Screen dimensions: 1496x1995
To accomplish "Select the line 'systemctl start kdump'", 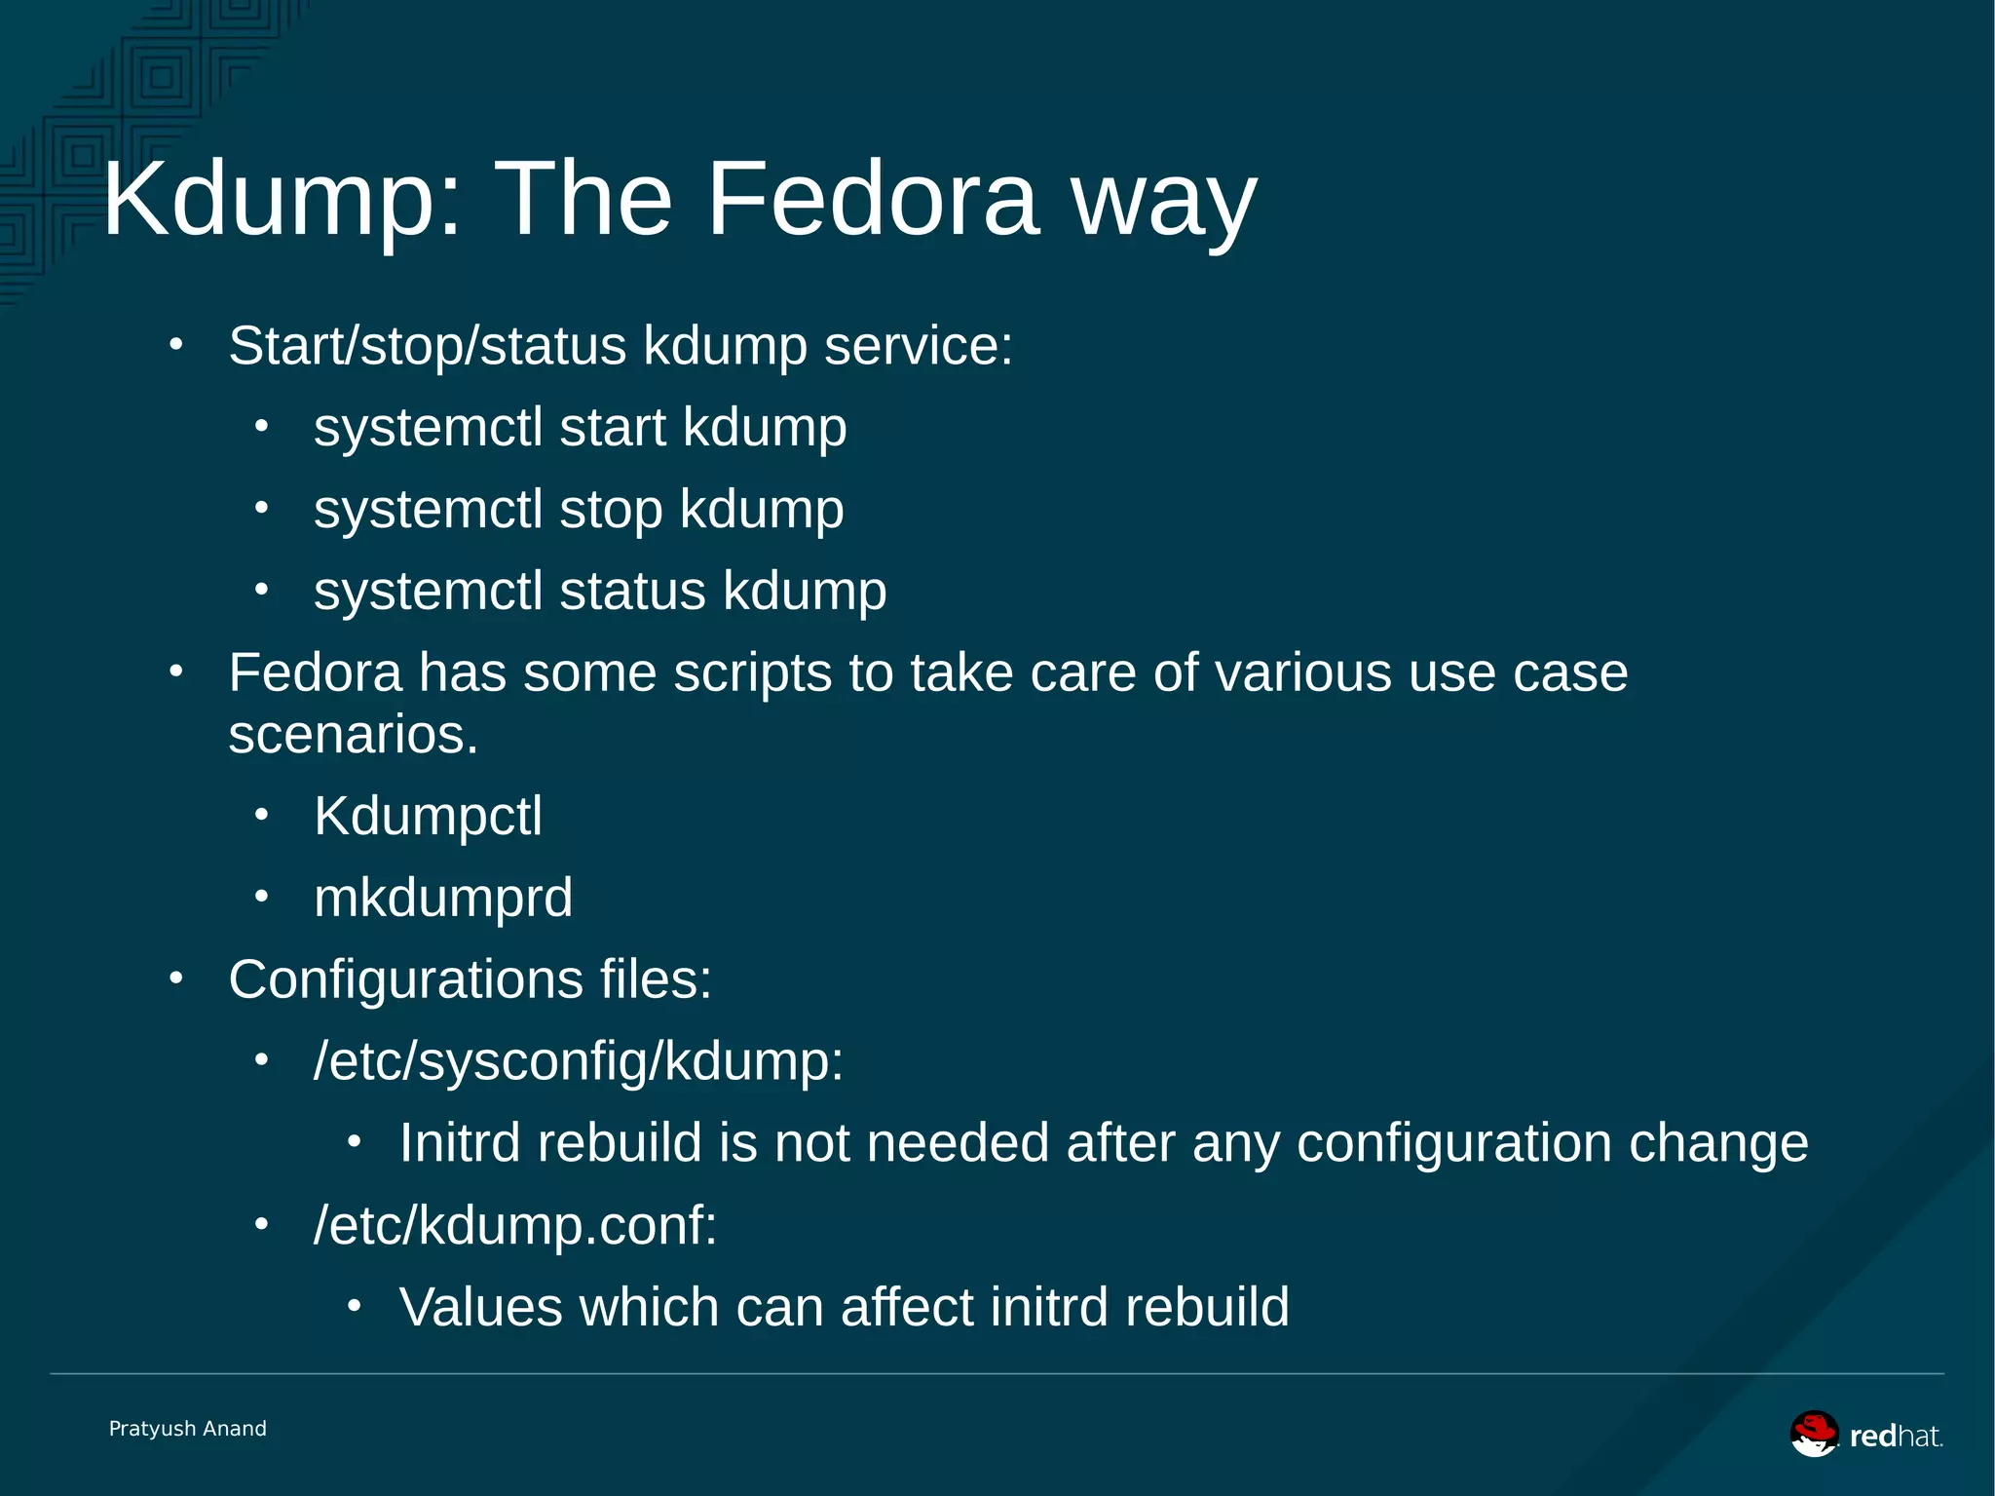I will (x=580, y=428).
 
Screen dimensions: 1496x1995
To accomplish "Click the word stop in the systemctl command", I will (x=611, y=510).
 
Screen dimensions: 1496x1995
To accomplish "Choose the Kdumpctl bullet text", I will (x=428, y=816).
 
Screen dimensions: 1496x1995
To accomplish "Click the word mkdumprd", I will (x=443, y=898).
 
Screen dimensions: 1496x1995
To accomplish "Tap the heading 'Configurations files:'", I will (x=470, y=979).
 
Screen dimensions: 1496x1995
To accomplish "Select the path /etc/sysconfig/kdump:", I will (x=579, y=1061).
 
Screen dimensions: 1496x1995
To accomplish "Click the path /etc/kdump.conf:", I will (x=515, y=1225).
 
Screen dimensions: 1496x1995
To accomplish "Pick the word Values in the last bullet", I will (x=480, y=1307).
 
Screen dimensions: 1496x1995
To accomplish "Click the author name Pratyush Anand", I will (x=188, y=1429).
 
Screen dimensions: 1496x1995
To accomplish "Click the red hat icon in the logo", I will (x=1814, y=1434).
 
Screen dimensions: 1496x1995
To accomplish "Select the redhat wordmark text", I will (x=1896, y=1436).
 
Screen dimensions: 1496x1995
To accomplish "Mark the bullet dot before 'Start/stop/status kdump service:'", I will (x=175, y=344).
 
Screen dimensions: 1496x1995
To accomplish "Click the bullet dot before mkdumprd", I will (x=261, y=897).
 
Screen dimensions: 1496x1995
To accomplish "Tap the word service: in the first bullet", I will (x=918, y=346).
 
